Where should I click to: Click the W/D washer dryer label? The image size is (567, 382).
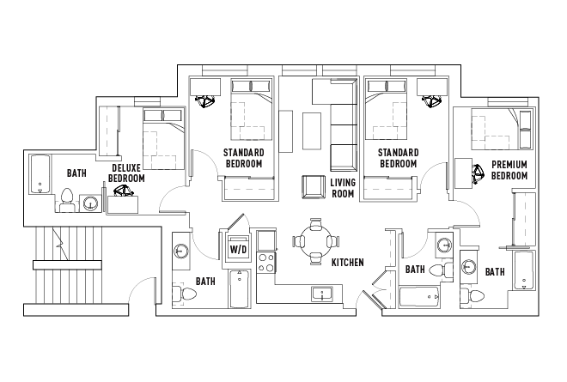click(238, 249)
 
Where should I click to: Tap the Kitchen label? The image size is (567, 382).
click(348, 263)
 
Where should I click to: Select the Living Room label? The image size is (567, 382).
click(343, 188)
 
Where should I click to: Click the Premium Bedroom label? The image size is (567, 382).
click(509, 170)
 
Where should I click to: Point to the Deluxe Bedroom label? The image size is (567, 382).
click(126, 173)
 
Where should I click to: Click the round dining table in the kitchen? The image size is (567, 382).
click(315, 241)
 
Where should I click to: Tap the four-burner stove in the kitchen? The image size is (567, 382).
click(266, 263)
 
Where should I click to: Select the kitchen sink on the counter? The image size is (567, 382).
click(322, 294)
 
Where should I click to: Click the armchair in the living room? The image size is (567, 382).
click(314, 187)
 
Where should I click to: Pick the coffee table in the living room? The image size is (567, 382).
click(312, 130)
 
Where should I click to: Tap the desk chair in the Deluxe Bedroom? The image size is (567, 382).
click(124, 191)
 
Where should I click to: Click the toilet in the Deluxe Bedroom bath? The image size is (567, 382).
click(66, 200)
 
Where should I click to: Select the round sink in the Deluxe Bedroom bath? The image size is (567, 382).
click(89, 203)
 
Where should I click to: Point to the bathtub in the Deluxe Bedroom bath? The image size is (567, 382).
click(40, 174)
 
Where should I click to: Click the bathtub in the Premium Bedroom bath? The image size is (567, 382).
click(523, 270)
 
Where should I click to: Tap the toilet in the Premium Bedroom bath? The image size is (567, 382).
click(472, 297)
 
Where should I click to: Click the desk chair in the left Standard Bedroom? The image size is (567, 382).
click(204, 101)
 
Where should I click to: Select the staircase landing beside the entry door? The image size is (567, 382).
click(67, 265)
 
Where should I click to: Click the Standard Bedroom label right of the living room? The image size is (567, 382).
click(398, 158)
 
